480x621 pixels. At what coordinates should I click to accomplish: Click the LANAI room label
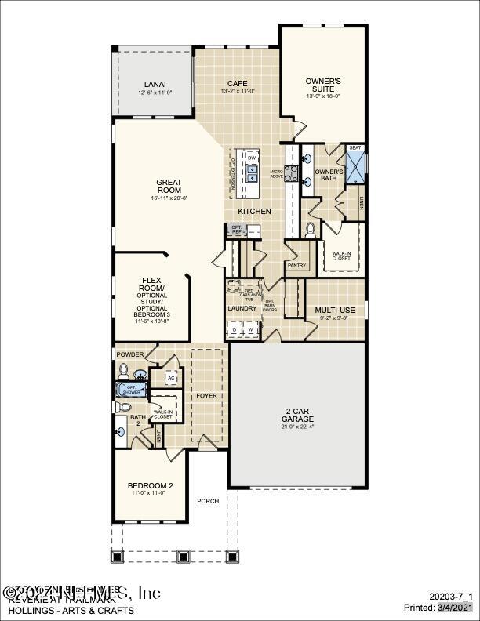point(155,84)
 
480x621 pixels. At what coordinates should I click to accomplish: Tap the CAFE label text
point(237,83)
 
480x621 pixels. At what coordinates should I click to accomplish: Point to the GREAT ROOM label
point(169,186)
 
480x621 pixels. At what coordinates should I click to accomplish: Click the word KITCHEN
point(255,212)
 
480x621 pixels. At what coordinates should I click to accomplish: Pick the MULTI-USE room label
point(335,310)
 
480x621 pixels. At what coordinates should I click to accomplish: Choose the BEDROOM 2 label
point(151,486)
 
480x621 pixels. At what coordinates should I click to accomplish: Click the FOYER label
point(207,395)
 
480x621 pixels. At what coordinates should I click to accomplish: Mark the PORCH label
point(208,501)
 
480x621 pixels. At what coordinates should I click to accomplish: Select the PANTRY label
point(296,266)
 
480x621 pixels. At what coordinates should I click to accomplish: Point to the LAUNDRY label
point(242,308)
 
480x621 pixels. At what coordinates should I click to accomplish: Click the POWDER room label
point(130,354)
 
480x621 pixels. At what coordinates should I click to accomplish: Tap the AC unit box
point(171,378)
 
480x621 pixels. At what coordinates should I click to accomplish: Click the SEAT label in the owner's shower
point(355,147)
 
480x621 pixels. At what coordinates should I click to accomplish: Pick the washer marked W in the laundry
point(250,331)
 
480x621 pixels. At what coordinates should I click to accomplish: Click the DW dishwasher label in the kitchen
point(253,157)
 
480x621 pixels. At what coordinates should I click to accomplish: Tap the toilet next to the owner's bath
point(311,229)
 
